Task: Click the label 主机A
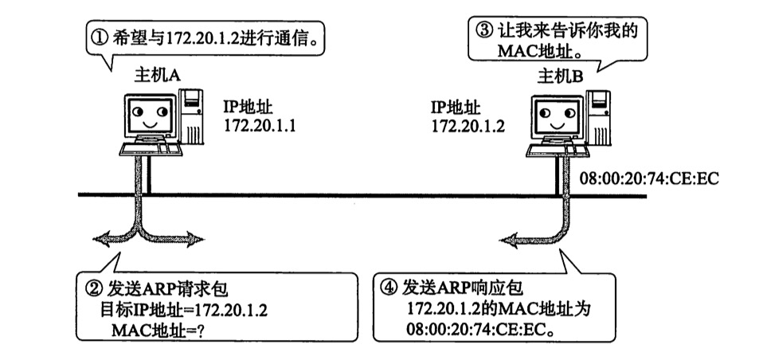coord(156,76)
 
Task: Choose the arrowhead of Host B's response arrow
coord(507,237)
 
